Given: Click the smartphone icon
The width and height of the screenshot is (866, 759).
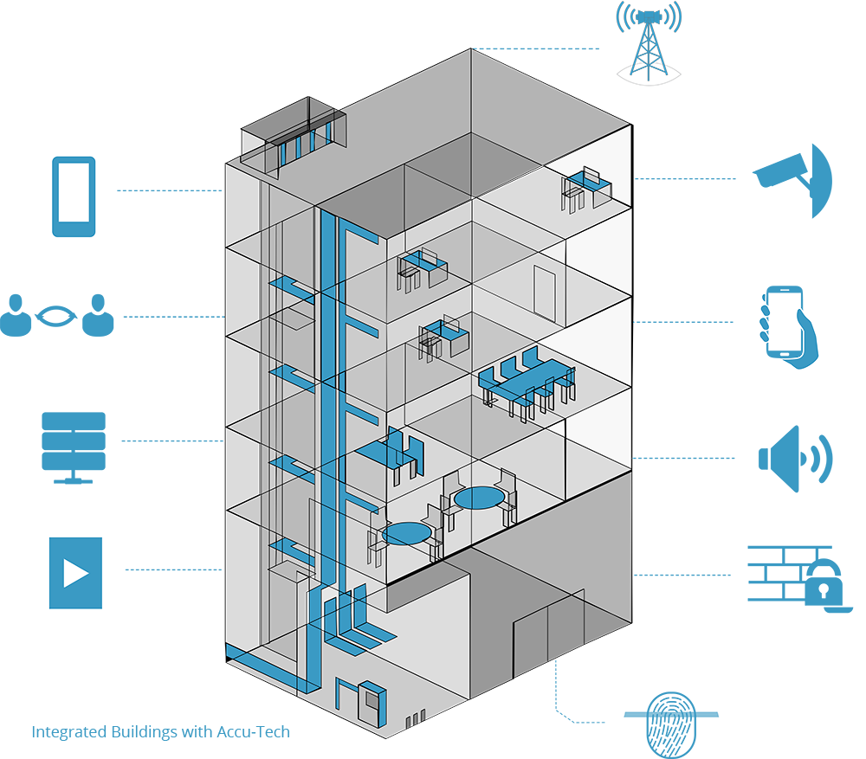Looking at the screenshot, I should [x=74, y=196].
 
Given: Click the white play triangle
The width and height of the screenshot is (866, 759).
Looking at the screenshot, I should [x=76, y=573].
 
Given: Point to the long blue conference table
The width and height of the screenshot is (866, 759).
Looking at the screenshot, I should [x=526, y=381].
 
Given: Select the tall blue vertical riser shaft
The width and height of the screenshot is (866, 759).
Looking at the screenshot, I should [x=328, y=389].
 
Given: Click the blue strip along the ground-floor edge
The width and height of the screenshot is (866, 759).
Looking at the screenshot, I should [x=260, y=666].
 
